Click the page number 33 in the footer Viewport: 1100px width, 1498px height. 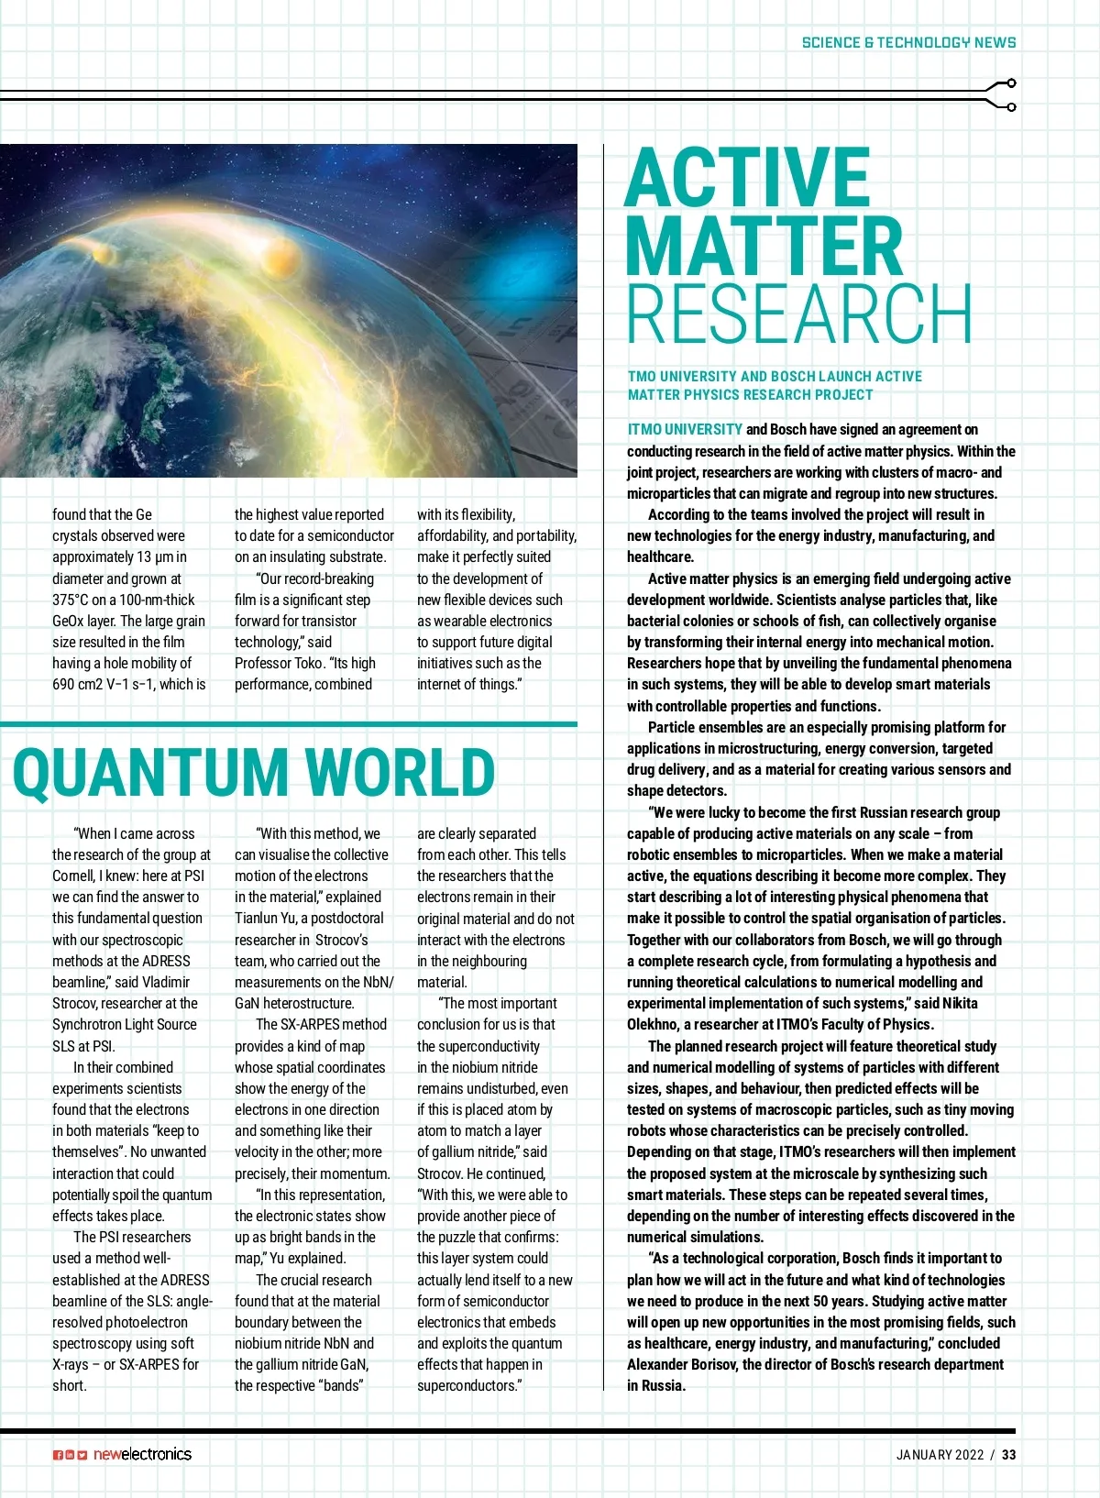(1008, 1455)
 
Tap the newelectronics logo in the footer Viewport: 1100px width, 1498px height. (142, 1454)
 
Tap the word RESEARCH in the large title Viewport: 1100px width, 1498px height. (798, 314)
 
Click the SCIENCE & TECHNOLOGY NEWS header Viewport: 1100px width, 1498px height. (908, 42)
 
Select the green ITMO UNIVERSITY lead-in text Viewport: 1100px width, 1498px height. (685, 429)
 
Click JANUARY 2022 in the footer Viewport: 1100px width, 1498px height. (940, 1455)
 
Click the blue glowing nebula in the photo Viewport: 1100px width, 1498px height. (530, 267)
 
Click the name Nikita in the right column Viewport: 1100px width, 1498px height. (960, 1003)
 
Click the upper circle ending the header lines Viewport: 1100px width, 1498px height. (1011, 83)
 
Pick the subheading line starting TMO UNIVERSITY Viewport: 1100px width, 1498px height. (775, 377)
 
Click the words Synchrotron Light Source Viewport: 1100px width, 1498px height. (125, 1024)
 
